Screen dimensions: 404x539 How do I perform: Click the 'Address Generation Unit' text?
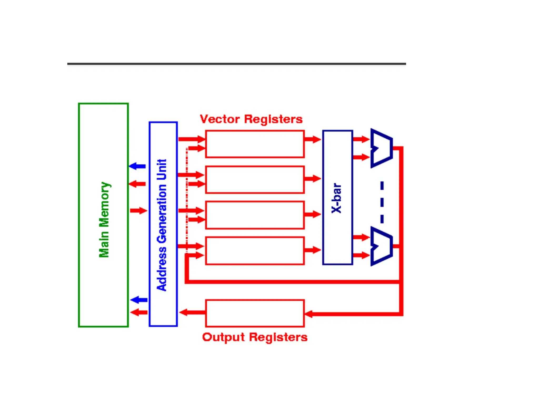click(x=162, y=225)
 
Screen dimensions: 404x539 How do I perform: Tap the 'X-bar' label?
click(x=337, y=198)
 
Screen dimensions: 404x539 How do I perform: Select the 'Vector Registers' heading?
click(x=251, y=119)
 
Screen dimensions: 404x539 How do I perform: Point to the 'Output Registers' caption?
click(x=254, y=337)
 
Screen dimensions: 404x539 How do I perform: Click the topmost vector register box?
click(x=255, y=144)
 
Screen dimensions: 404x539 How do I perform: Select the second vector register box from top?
click(x=255, y=180)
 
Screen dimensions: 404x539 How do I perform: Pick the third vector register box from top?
click(x=255, y=215)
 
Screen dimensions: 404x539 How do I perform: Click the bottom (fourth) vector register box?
click(x=255, y=251)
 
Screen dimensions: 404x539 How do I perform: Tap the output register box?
click(x=255, y=313)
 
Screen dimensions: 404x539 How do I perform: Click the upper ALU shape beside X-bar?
click(x=381, y=148)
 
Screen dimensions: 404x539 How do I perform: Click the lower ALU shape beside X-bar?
click(x=381, y=246)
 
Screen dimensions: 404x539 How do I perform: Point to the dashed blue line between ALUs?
click(x=382, y=203)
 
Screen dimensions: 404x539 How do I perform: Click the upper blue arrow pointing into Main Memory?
click(x=137, y=166)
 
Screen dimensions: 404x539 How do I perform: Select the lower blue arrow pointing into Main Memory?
click(x=139, y=300)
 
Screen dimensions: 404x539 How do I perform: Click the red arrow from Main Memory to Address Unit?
click(x=139, y=210)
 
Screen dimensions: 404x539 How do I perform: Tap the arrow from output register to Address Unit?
click(x=192, y=312)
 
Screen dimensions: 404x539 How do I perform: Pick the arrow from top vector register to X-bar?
click(x=312, y=139)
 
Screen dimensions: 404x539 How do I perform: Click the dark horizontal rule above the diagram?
click(x=236, y=64)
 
